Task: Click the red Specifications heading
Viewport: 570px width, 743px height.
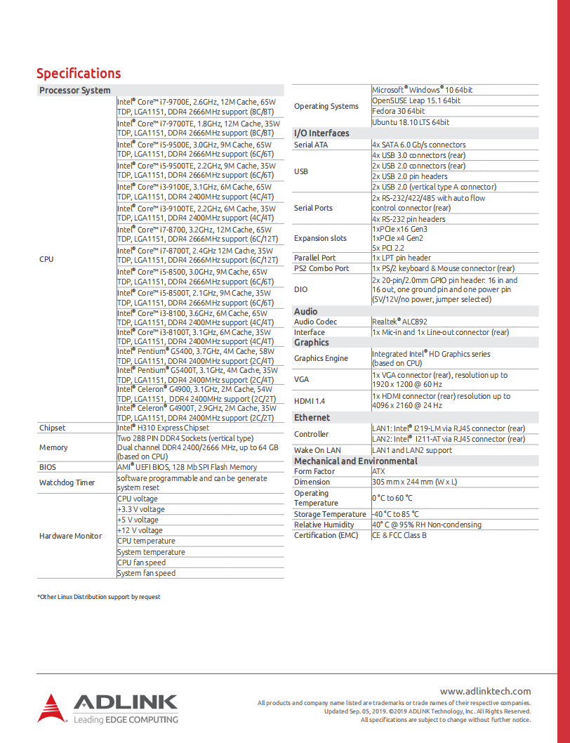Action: coord(78,73)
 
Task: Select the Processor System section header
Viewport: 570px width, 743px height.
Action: coord(75,90)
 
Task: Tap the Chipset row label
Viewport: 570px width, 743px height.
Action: coord(53,428)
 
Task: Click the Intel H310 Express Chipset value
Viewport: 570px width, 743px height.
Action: coord(163,428)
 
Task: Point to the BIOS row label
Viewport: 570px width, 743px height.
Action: coord(48,467)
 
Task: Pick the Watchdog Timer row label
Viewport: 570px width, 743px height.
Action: coord(67,482)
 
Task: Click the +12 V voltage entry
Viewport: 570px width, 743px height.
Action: coord(140,530)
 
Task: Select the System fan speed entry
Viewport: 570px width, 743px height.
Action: coord(146,573)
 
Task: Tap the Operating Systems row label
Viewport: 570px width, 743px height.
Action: coord(326,106)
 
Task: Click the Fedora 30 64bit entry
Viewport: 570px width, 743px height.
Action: coord(398,111)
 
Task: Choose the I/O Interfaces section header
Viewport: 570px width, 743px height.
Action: coord(321,133)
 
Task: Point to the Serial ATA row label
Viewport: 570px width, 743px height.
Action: coord(311,145)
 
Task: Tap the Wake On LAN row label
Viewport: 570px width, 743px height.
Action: coord(317,450)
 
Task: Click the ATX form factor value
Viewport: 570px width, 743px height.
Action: coord(378,471)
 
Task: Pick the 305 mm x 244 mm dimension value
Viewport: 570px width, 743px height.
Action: coord(414,482)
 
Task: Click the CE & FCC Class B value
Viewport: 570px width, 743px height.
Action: coord(399,535)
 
